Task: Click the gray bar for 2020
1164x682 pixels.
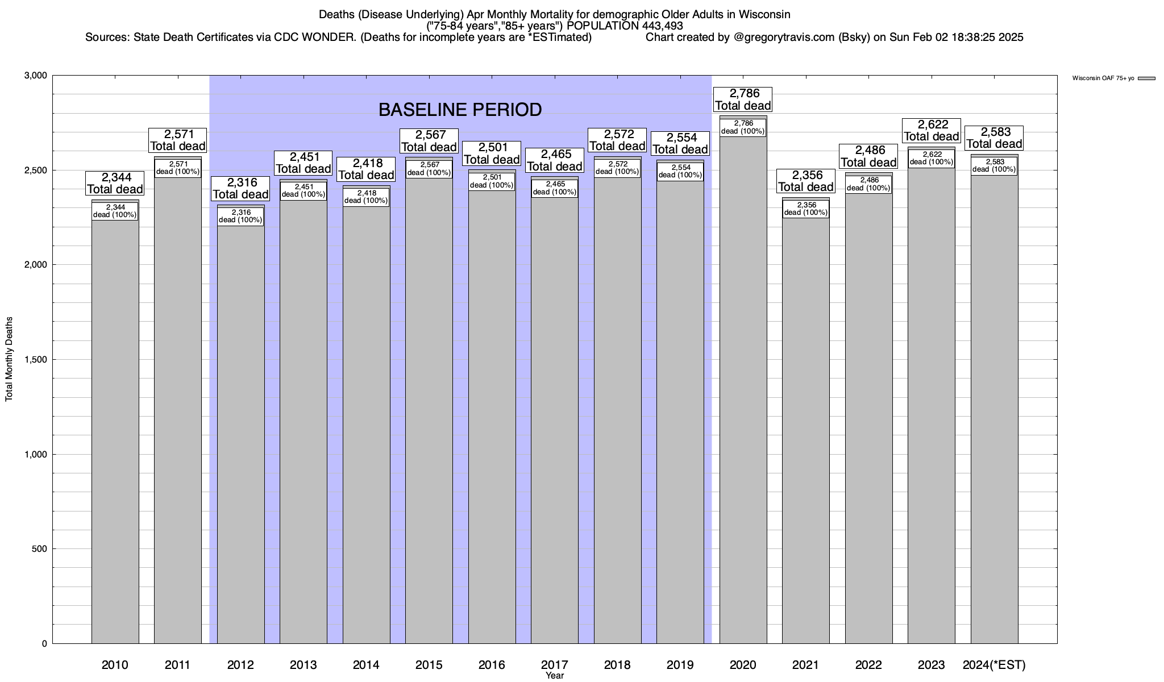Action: (743, 398)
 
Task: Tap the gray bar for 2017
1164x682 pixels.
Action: (555, 426)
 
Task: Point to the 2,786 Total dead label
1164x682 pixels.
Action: (743, 99)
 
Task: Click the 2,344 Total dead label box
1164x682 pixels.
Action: (115, 183)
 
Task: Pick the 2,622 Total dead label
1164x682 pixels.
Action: (932, 130)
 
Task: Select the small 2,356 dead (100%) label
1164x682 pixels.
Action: (805, 209)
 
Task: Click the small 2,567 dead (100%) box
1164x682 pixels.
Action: (429, 169)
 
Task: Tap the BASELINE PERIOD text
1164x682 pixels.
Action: (460, 110)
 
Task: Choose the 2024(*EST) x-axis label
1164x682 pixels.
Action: (994, 664)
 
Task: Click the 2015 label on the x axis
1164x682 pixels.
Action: (429, 664)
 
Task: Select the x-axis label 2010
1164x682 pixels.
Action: (115, 664)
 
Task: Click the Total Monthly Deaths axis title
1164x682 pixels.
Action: (9, 359)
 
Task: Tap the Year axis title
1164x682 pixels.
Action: (555, 675)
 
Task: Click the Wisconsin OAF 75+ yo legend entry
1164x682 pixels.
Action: (1103, 78)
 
